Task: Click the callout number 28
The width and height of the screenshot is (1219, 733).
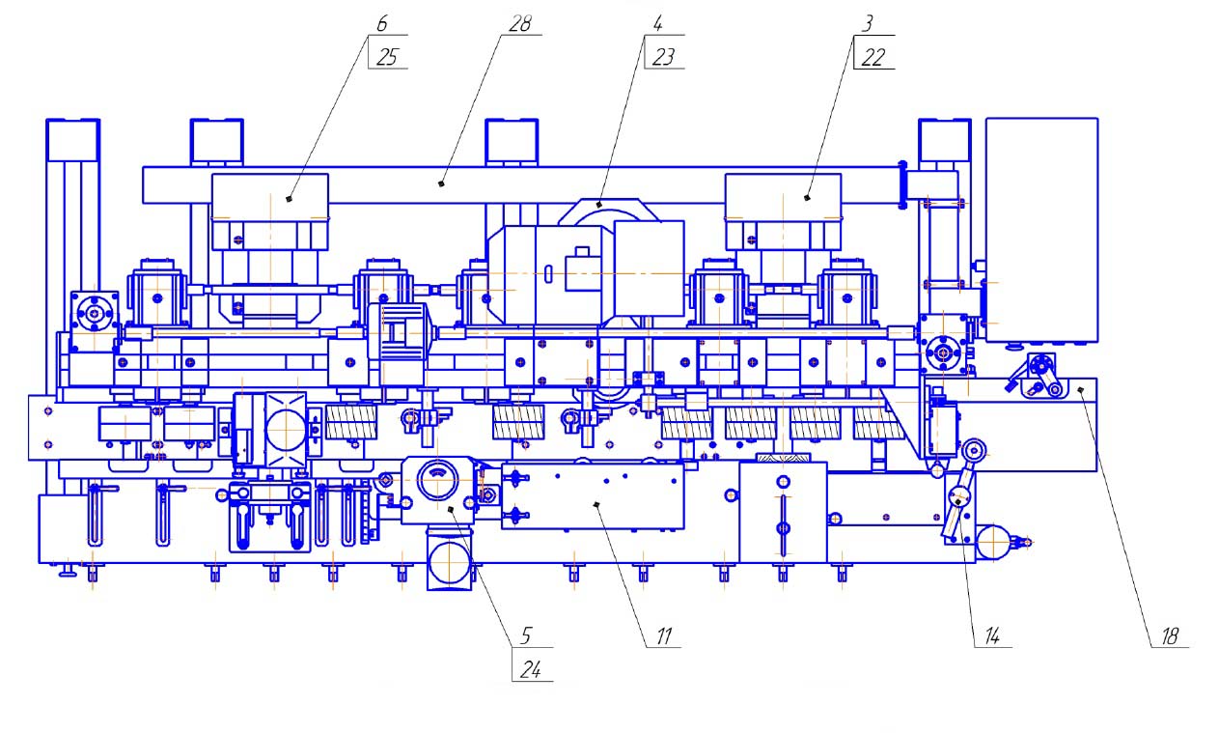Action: (520, 23)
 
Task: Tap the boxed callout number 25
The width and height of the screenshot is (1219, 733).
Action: (387, 58)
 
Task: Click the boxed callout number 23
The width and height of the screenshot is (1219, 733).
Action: (663, 58)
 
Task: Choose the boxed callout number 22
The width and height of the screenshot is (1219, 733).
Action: (873, 58)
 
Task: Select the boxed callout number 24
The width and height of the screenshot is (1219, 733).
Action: (530, 670)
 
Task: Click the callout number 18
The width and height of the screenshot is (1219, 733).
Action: (1170, 636)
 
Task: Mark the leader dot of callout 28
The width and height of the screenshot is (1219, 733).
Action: (441, 182)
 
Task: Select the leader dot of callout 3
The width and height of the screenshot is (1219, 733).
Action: (809, 197)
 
